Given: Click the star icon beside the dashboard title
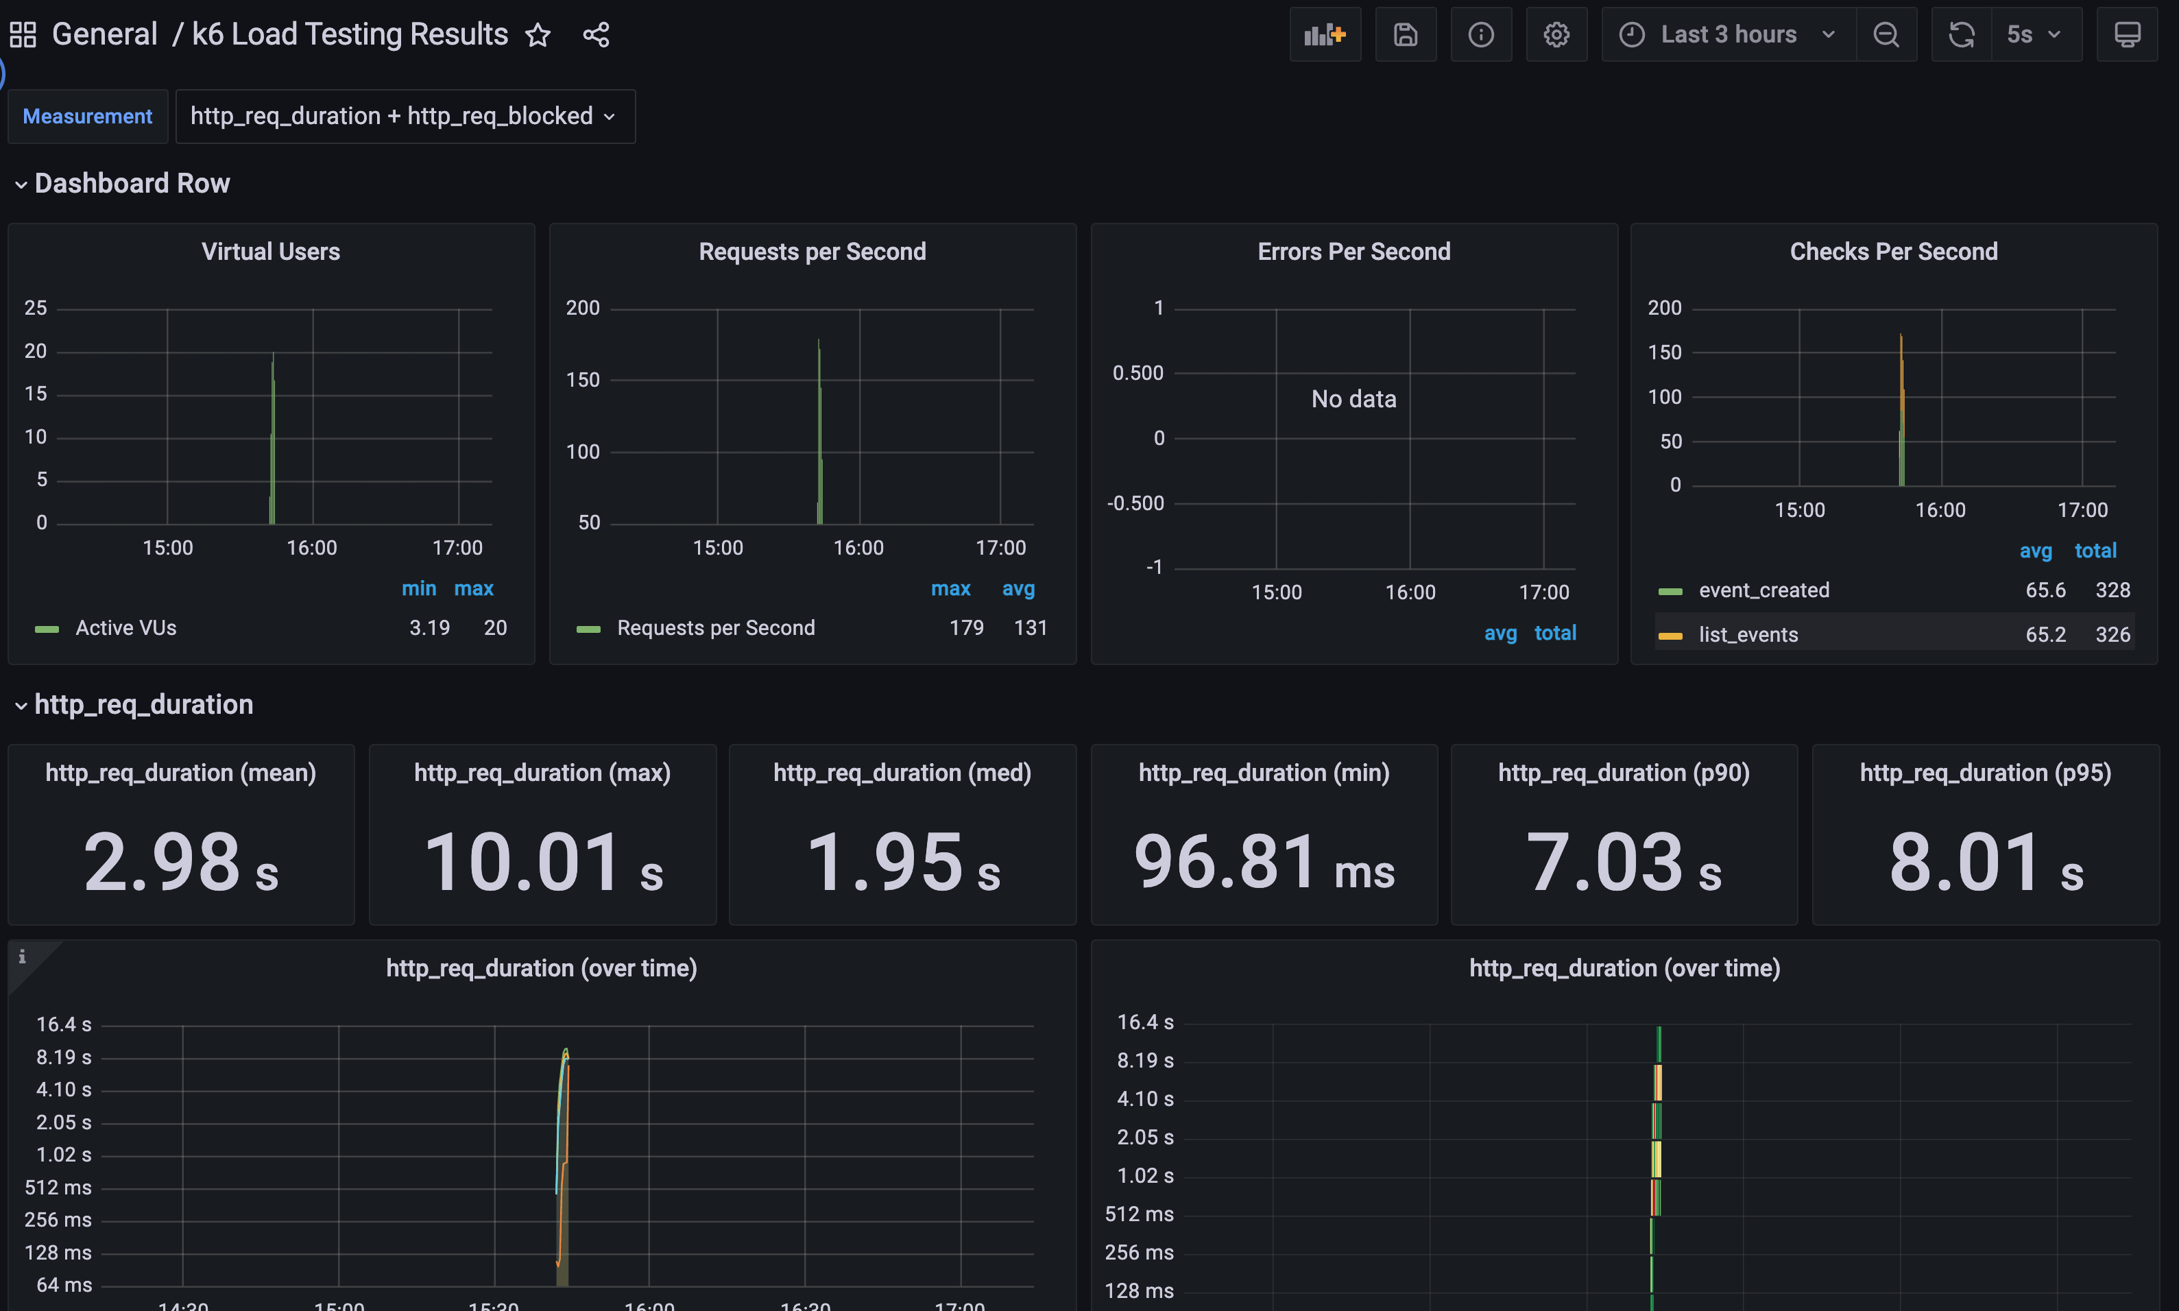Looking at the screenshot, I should (x=538, y=36).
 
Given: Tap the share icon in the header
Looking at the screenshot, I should (x=597, y=36).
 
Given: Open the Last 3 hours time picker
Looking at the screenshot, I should (x=1728, y=34).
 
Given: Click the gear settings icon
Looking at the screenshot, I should (x=1556, y=34).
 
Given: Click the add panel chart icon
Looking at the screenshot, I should (x=1324, y=34).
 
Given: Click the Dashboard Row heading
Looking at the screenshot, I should (x=132, y=183).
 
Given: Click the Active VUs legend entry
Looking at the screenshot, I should (x=125, y=628).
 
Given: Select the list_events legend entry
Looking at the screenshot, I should (x=1748, y=634).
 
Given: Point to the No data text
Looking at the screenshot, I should (x=1353, y=399).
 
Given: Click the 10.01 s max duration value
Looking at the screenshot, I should (x=542, y=862).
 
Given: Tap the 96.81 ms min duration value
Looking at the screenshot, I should (x=1263, y=862).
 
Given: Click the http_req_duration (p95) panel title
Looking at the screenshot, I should (x=1985, y=773).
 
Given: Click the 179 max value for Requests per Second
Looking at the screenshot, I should (x=966, y=628).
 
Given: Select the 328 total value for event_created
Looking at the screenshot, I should (x=2112, y=590).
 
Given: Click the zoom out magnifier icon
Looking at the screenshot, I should (x=1886, y=34).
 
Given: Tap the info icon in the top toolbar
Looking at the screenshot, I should (x=1480, y=34).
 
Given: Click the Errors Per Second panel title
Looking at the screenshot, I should (x=1353, y=252).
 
